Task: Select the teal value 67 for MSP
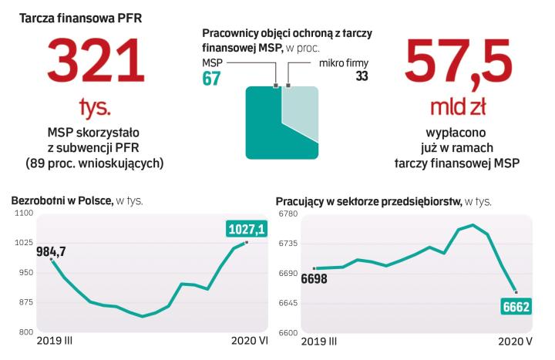[x=211, y=77]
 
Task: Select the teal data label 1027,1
[x=247, y=229]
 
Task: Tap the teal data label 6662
[x=518, y=307]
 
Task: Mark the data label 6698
[x=314, y=278]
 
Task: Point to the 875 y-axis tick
[x=25, y=302]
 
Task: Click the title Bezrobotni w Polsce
[x=61, y=200]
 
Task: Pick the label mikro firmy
[x=343, y=62]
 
